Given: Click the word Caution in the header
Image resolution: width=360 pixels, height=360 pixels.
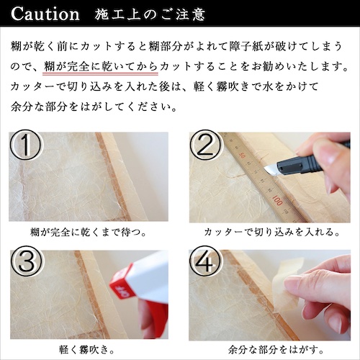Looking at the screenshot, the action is pos(45,14).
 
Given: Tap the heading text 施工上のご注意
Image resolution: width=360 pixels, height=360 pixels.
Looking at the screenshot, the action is pos(150,14).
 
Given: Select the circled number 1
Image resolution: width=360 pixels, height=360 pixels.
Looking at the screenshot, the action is pos(25,145).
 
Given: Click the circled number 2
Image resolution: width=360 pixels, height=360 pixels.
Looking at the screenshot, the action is pos(205,145).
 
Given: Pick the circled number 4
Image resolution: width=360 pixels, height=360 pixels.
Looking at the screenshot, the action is pos(205,261).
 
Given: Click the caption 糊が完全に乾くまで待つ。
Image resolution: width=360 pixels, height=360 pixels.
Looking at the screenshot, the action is pos(89,233).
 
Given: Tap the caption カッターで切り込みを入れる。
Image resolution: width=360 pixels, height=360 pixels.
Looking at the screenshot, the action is pos(271,232).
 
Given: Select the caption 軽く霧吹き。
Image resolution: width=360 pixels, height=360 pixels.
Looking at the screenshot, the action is pos(86,350).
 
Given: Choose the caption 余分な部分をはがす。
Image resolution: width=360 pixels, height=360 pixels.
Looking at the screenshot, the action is pos(276,349).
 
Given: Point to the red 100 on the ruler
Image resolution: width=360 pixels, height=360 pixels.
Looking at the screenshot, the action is pos(277,200).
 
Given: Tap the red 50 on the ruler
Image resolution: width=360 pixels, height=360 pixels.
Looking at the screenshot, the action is pos(242,156).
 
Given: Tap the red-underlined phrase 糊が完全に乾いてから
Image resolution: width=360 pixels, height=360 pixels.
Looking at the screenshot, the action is pos(101,66).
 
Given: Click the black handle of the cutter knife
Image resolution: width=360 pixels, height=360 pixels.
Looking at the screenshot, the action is pos(312,161).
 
